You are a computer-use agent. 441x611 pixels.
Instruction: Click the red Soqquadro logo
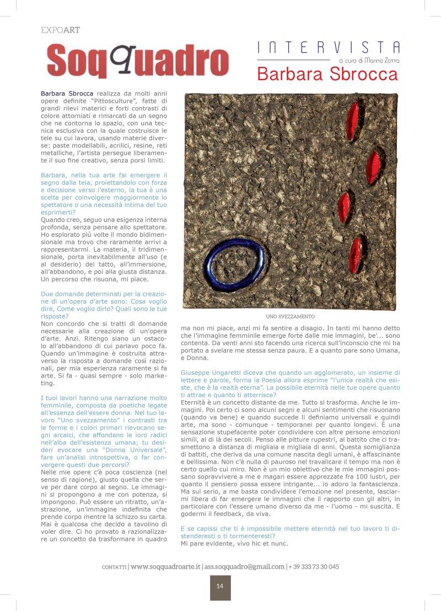tap(137, 60)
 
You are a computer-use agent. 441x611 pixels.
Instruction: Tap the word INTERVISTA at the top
tap(329, 47)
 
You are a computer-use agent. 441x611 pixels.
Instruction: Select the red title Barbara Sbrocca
tap(327, 74)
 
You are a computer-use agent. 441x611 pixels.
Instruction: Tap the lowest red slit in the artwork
tap(356, 254)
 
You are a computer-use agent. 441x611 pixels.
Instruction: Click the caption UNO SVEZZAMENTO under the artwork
tap(290, 317)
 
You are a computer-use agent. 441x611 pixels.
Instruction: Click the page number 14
tap(220, 586)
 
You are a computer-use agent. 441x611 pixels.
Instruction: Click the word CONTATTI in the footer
tap(114, 567)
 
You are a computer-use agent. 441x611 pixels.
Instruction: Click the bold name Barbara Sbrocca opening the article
tap(67, 94)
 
